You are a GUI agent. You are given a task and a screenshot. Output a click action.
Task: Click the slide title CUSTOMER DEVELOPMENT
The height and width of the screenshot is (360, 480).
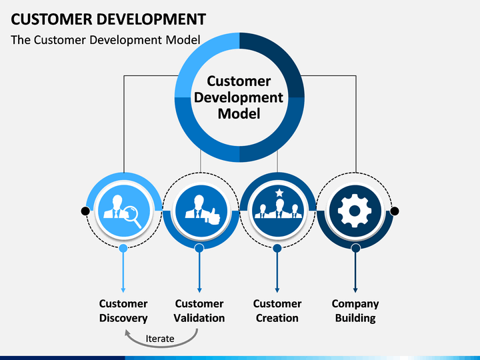[109, 19]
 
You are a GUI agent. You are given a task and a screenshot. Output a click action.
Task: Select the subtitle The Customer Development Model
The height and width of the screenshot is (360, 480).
[105, 40]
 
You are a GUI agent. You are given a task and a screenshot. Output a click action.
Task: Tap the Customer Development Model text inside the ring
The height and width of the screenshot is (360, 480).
[239, 97]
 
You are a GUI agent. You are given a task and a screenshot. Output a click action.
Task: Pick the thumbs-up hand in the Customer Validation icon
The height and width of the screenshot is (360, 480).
[213, 216]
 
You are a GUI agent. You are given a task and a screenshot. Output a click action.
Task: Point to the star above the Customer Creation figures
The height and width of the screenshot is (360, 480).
[279, 193]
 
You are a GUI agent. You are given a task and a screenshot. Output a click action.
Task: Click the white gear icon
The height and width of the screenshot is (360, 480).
[355, 211]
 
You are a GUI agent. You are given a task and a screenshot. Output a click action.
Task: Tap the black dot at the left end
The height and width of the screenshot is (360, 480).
[85, 211]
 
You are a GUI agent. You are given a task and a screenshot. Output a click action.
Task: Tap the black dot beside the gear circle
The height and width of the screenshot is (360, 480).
[395, 211]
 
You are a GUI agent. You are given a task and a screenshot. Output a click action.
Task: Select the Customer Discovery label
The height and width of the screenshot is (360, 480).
[123, 311]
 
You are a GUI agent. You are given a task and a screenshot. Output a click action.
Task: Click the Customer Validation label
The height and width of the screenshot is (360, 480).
[199, 311]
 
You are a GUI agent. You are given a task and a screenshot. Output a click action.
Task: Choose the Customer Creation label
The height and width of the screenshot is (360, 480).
[277, 311]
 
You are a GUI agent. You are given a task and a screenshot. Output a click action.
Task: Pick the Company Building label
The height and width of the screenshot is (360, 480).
[355, 311]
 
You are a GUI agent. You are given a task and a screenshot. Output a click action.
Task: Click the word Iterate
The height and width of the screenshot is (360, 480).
[160, 339]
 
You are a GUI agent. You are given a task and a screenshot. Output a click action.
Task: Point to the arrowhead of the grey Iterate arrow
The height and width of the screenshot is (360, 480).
[128, 333]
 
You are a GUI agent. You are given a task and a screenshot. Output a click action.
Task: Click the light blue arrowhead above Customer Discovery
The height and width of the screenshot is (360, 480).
[123, 290]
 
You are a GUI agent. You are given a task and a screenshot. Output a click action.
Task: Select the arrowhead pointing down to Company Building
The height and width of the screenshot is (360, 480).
[355, 290]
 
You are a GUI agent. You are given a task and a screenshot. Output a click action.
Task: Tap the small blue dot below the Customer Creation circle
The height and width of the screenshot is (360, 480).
[277, 248]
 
